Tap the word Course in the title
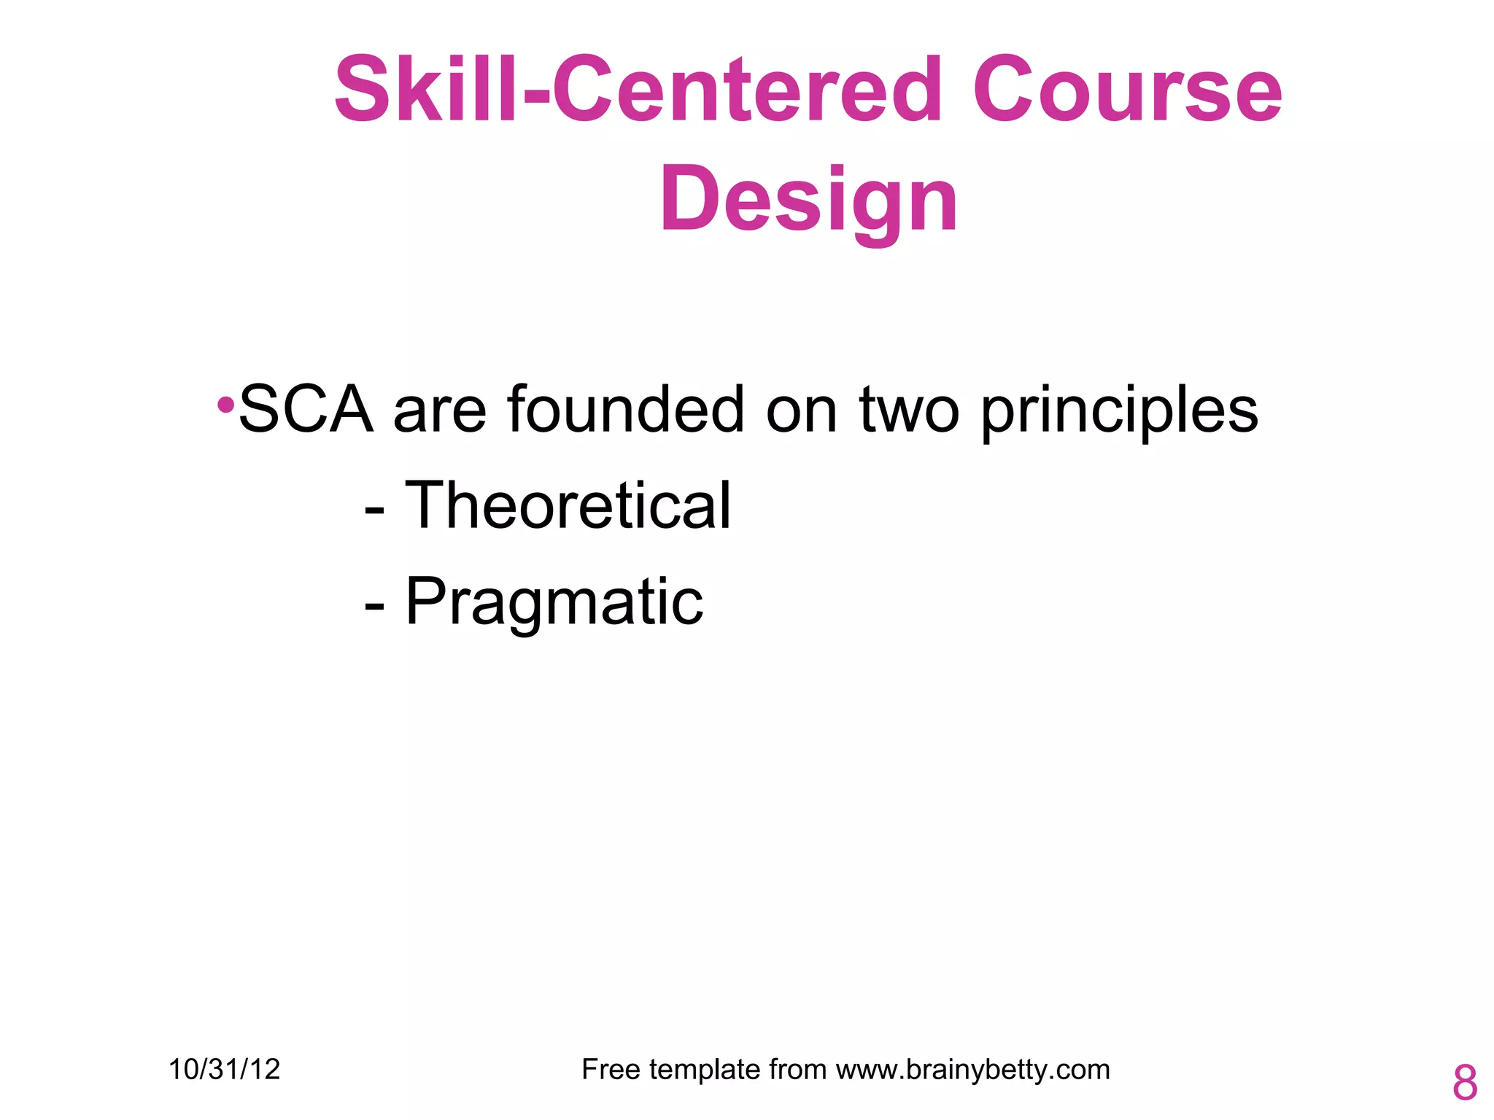[1127, 91]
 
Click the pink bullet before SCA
[226, 404]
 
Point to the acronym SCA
[306, 410]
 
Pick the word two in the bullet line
[909, 410]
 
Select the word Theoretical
[568, 505]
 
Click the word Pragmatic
[554, 602]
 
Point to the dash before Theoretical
[374, 508]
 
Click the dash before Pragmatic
[374, 605]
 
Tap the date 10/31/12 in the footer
[224, 1070]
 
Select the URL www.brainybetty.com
[972, 1070]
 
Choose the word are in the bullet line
[440, 411]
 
